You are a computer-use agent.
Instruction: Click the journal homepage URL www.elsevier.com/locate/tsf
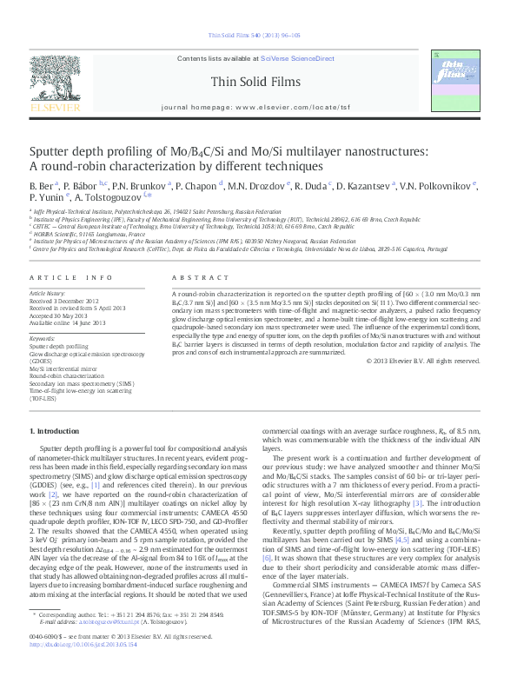click(287, 107)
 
